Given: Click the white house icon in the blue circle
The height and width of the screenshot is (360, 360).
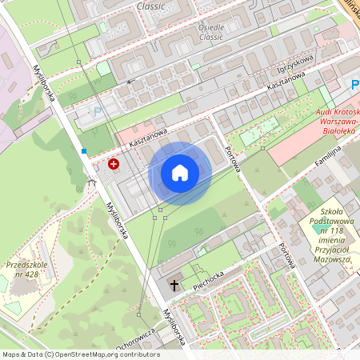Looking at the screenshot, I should click(180, 173).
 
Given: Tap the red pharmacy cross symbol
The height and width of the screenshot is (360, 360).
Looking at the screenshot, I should click(114, 164).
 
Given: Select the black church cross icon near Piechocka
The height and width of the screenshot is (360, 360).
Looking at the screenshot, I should click(174, 284).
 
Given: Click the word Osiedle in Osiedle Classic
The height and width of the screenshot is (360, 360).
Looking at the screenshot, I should click(212, 26).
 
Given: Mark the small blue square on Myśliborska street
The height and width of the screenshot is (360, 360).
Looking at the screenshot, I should click(84, 150).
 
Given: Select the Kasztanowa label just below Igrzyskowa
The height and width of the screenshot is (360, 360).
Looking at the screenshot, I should click(286, 82).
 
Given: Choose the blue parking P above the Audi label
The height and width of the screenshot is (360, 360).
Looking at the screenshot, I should click(354, 84).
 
